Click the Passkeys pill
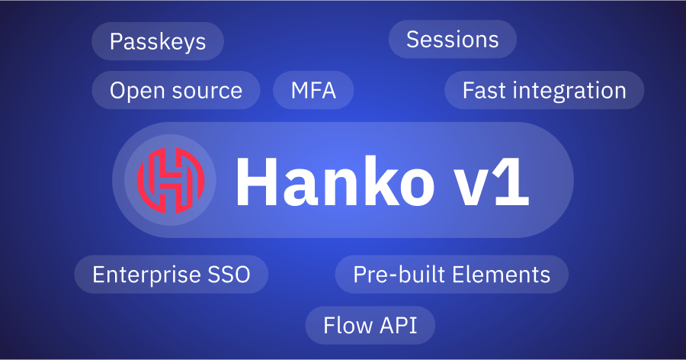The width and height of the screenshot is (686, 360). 158,41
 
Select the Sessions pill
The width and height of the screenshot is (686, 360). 452,40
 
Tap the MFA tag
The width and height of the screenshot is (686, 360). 313,91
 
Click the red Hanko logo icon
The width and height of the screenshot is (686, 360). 171,180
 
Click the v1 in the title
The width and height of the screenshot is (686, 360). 489,183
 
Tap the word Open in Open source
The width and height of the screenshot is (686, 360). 135,92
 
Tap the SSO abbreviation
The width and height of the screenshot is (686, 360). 230,275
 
